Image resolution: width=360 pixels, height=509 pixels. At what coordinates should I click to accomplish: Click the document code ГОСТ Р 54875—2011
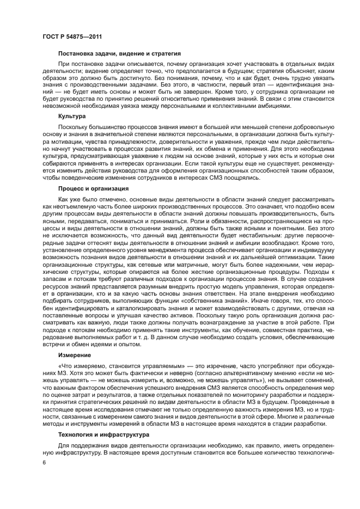click(x=70, y=36)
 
